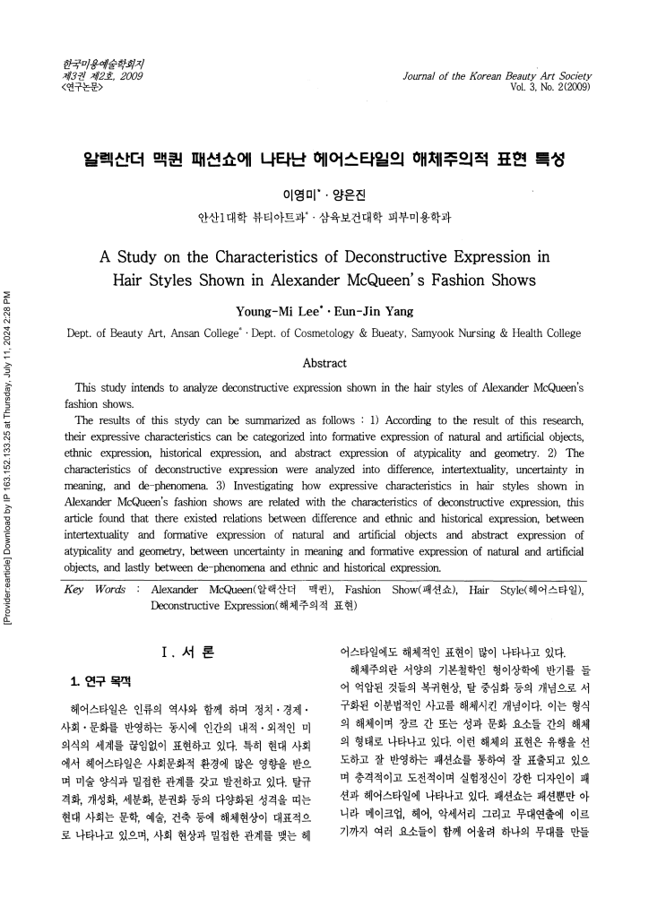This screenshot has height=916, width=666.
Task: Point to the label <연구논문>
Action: pyautogui.click(x=79, y=88)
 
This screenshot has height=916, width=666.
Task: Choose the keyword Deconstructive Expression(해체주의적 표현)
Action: pyautogui.click(x=254, y=606)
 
